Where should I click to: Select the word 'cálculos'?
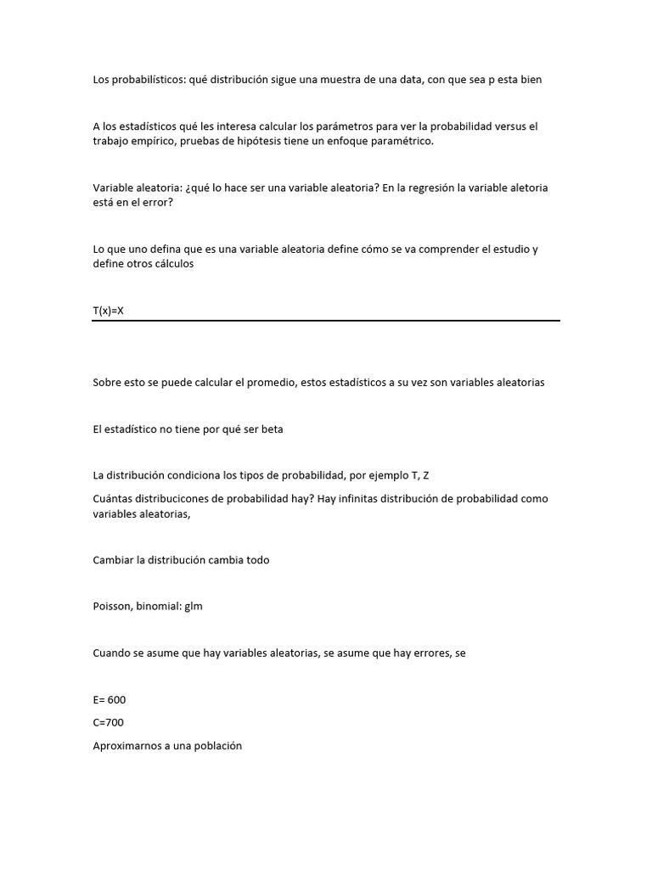pos(173,264)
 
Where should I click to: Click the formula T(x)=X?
pos(109,311)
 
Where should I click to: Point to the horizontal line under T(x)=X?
pos(326,321)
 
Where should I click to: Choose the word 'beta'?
pos(272,429)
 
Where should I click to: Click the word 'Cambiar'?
pos(113,560)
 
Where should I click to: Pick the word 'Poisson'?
pos(112,607)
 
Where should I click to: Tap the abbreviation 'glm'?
pos(194,608)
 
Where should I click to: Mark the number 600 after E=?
pos(117,700)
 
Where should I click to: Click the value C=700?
pos(109,723)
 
